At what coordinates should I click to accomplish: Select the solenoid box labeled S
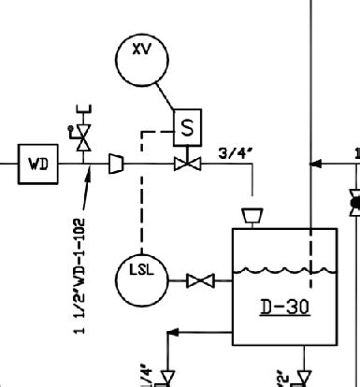pyautogui.click(x=187, y=128)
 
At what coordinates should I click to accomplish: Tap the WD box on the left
pyautogui.click(x=38, y=165)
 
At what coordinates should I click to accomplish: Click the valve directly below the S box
pyautogui.click(x=187, y=165)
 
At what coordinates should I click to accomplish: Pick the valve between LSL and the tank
pyautogui.click(x=200, y=279)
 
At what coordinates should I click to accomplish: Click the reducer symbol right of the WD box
pyautogui.click(x=116, y=165)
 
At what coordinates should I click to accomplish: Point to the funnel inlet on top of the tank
pyautogui.click(x=251, y=216)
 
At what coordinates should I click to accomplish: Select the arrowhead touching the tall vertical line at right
pyautogui.click(x=316, y=164)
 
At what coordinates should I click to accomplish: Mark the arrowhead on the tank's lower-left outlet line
pyautogui.click(x=172, y=331)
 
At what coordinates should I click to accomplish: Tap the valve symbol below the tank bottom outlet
pyautogui.click(x=304, y=377)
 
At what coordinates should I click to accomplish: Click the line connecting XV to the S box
pyautogui.click(x=167, y=93)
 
